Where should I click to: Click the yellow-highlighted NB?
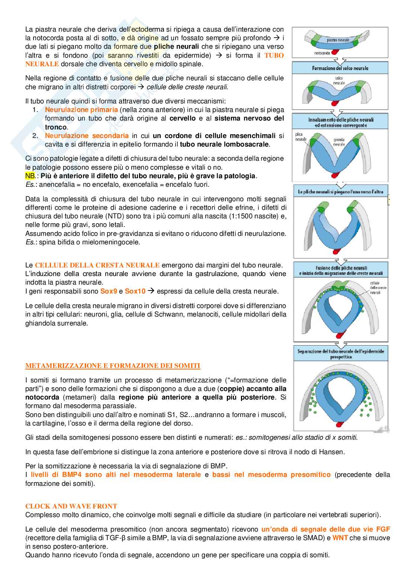click(x=30, y=176)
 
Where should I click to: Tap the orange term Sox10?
click(x=135, y=291)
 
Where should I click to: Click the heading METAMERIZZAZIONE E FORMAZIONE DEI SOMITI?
click(x=113, y=366)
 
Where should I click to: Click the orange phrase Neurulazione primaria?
click(x=81, y=110)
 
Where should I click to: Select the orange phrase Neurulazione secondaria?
click(x=87, y=136)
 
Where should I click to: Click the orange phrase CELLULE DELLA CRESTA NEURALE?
click(x=97, y=265)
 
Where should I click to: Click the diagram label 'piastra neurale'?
click(x=338, y=40)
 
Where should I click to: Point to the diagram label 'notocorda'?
click(x=322, y=53)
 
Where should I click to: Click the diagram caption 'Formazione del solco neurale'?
click(x=340, y=68)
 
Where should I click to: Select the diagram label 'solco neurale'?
click(x=339, y=80)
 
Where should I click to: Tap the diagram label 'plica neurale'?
click(x=300, y=137)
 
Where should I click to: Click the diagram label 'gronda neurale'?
click(x=339, y=142)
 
